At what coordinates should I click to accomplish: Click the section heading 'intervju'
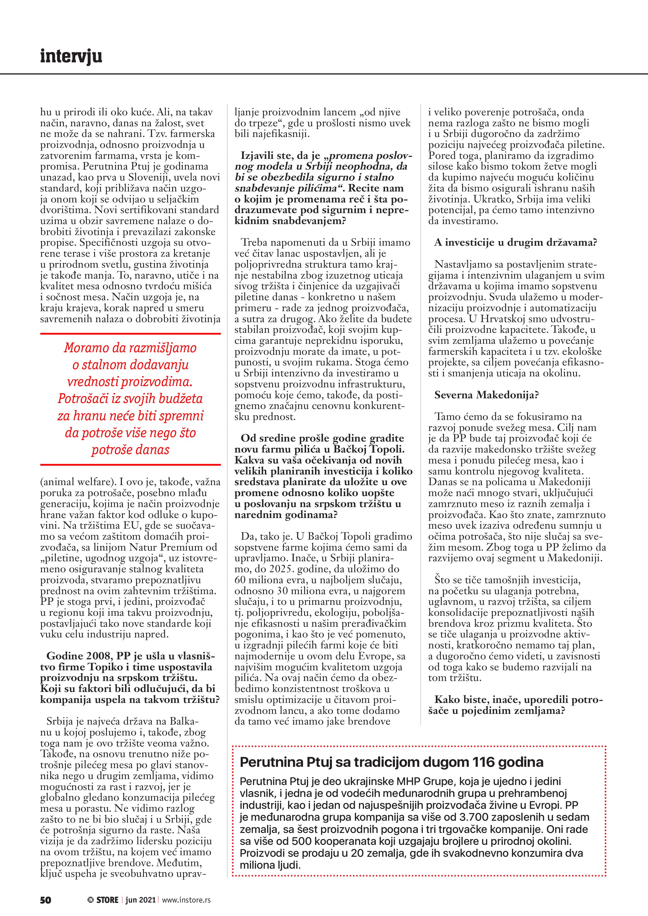coord(71,56)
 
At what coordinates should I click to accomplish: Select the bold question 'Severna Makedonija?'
coord(487,395)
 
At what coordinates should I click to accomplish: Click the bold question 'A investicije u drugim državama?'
coord(515,243)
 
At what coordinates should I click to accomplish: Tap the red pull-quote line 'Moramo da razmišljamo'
coord(130,348)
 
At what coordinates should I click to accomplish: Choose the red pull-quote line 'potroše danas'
coord(130,450)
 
